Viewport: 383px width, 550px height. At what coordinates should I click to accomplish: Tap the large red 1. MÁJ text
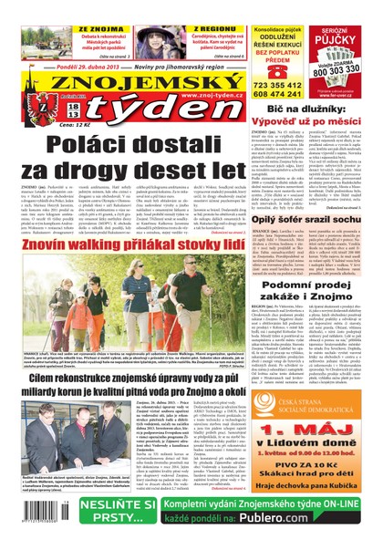[316, 430]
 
